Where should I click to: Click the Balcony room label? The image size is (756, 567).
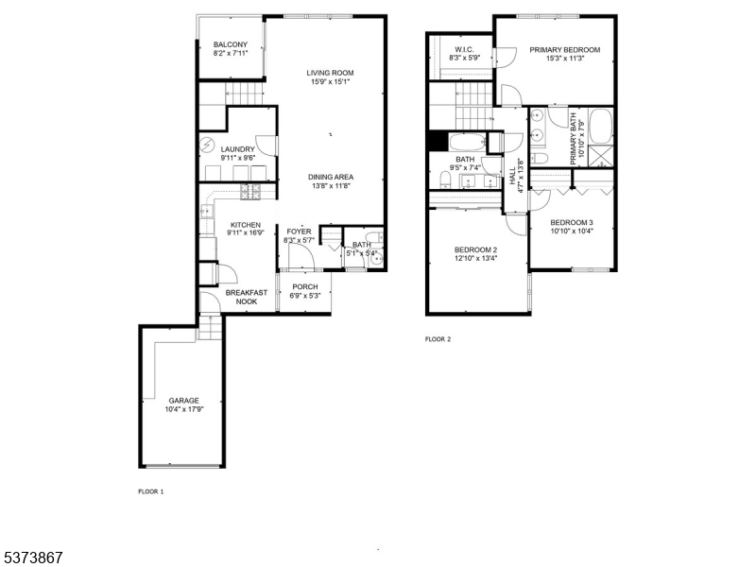pyautogui.click(x=231, y=45)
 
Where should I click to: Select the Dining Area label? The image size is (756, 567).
pyautogui.click(x=331, y=177)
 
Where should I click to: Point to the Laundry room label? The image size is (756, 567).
pyautogui.click(x=238, y=149)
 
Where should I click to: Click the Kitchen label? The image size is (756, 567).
pyautogui.click(x=245, y=225)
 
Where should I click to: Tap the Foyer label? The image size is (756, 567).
pyautogui.click(x=300, y=232)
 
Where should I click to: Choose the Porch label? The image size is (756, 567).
pyautogui.click(x=304, y=286)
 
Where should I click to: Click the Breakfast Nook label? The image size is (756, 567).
pyautogui.click(x=246, y=297)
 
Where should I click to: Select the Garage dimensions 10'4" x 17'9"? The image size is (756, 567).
pyautogui.click(x=184, y=409)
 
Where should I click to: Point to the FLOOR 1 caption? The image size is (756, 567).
pyautogui.click(x=151, y=491)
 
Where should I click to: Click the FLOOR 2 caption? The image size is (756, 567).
pyautogui.click(x=438, y=338)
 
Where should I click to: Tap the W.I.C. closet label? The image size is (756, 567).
pyautogui.click(x=463, y=49)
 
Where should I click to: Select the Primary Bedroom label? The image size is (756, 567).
pyautogui.click(x=564, y=49)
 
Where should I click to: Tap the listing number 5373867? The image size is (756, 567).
pyautogui.click(x=32, y=558)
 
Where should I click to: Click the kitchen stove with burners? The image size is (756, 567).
pyautogui.click(x=251, y=191)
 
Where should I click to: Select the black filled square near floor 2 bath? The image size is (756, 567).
pyautogui.click(x=438, y=141)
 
